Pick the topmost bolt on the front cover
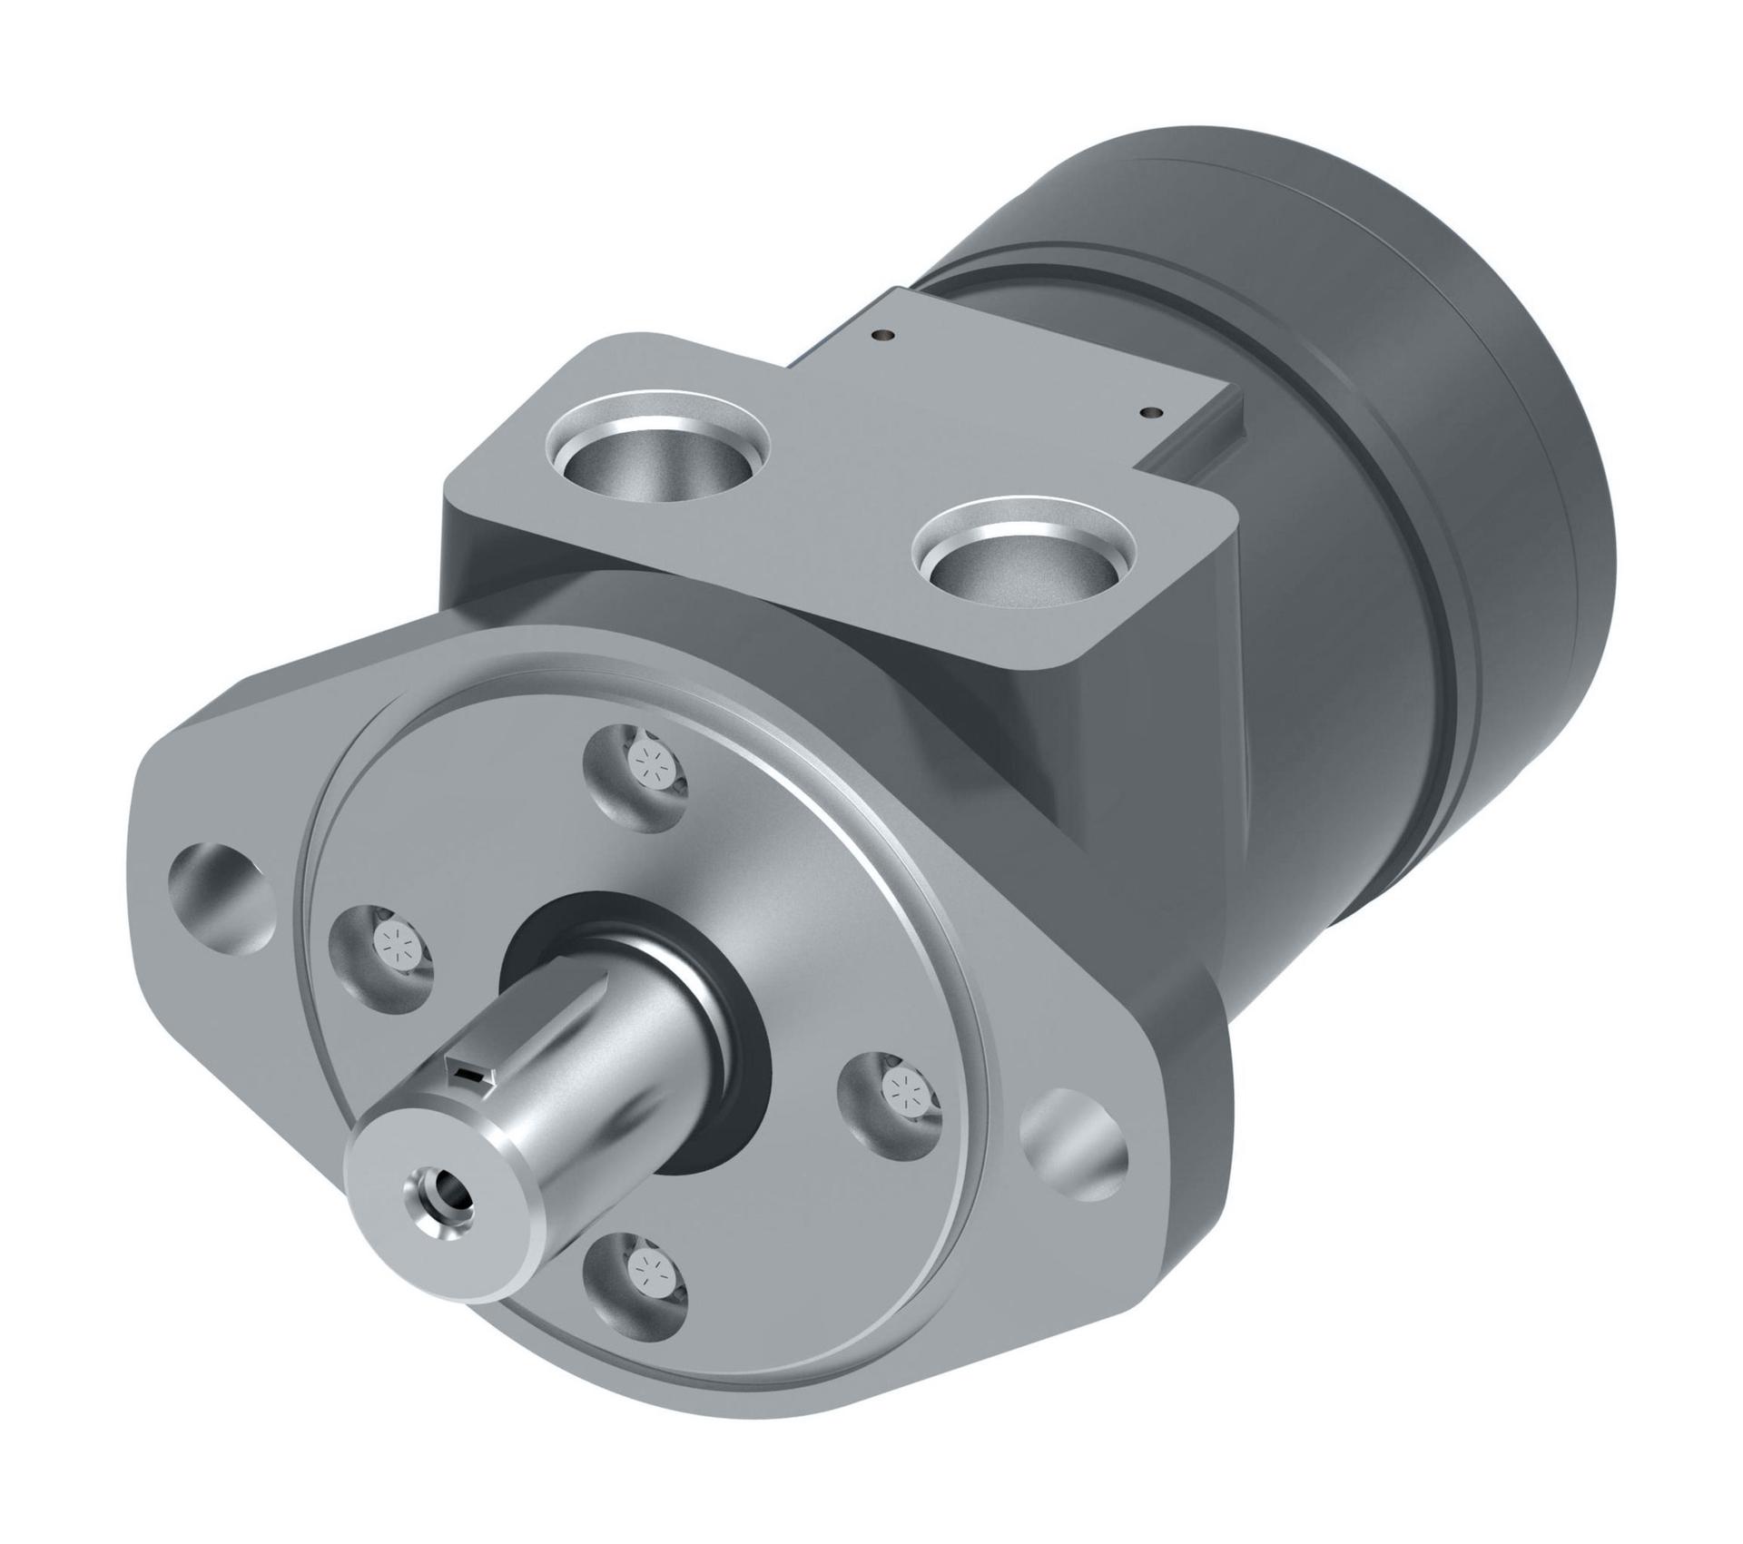649,758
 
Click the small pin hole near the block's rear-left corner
878,337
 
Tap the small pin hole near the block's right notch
1153,411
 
